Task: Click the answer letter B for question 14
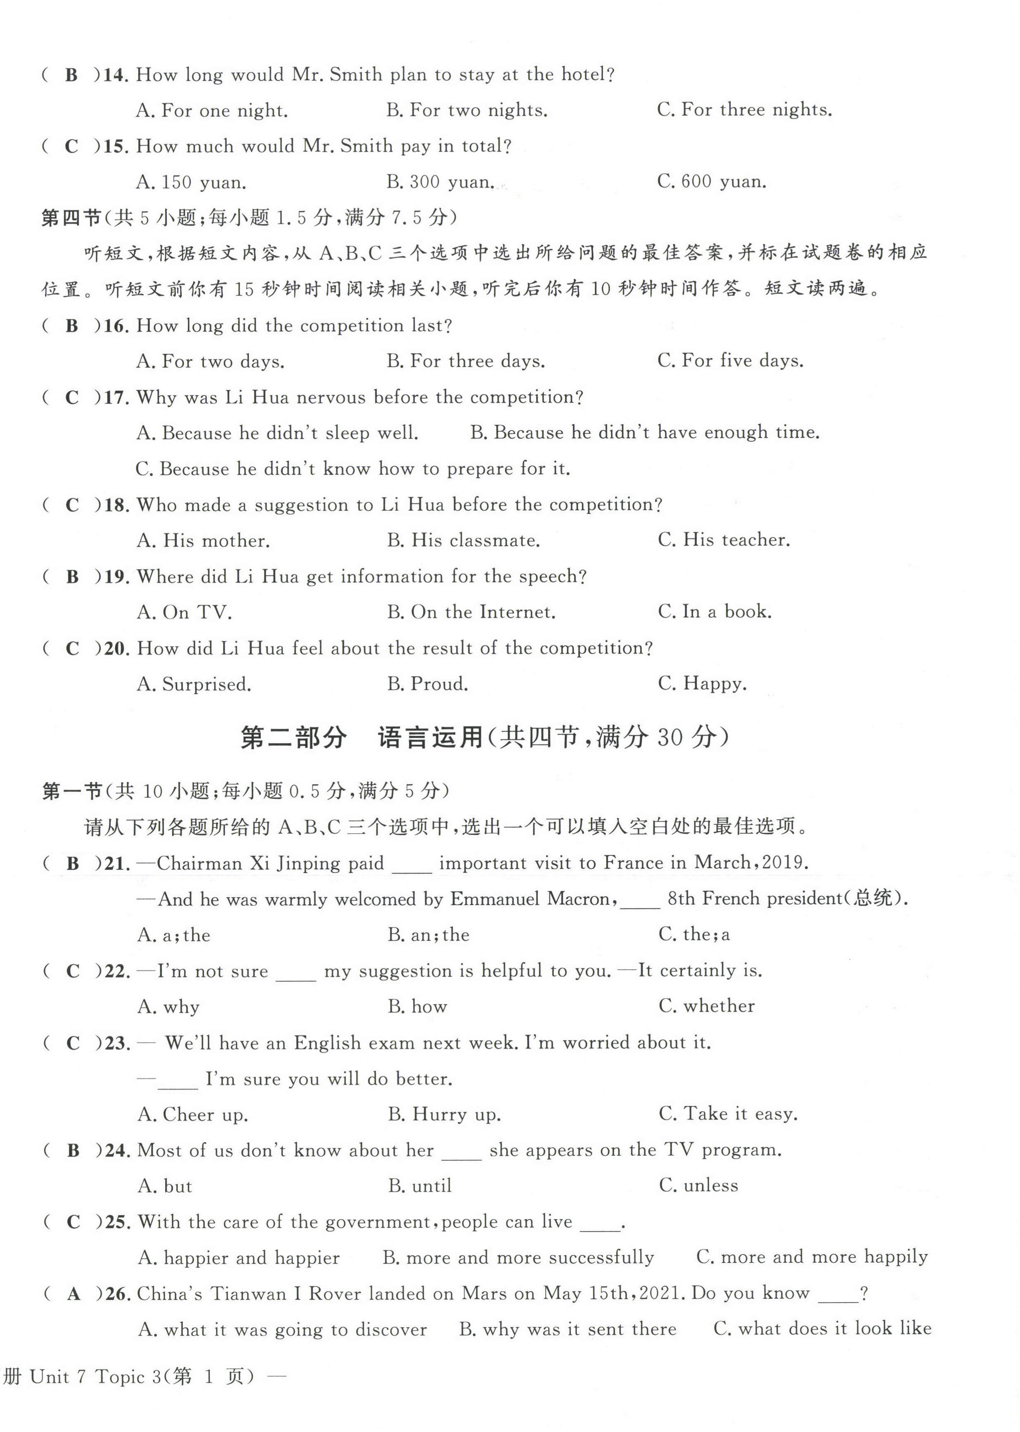(x=72, y=75)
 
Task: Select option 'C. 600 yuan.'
(x=712, y=182)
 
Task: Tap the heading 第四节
(x=70, y=218)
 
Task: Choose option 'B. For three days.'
(x=466, y=361)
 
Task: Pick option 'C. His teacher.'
(x=724, y=540)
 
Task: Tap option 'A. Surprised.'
(x=194, y=684)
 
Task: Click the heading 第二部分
(x=293, y=738)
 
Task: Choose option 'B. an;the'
(x=428, y=935)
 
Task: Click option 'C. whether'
(x=707, y=1006)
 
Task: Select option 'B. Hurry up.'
(x=444, y=1115)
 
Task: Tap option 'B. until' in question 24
(x=420, y=1187)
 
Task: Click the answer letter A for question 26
(x=74, y=1295)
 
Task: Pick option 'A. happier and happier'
(x=239, y=1258)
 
